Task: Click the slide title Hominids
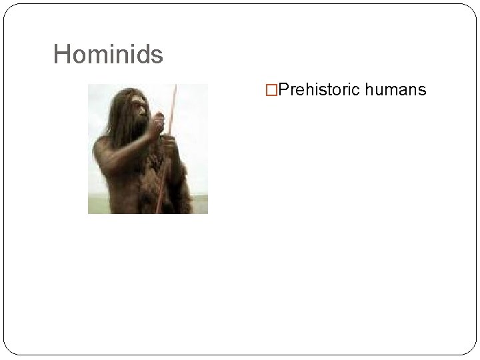click(x=108, y=55)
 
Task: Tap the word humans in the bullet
click(x=396, y=89)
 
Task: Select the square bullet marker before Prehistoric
click(x=271, y=89)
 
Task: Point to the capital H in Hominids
click(x=61, y=55)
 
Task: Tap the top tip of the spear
click(x=176, y=86)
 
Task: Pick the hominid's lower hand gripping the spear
click(x=169, y=143)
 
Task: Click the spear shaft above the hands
click(x=172, y=107)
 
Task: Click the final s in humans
click(x=421, y=89)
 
